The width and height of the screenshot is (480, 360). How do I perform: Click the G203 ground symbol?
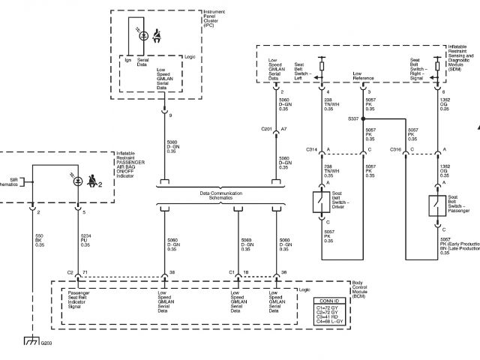point(31,342)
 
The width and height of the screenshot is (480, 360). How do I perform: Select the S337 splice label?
point(353,118)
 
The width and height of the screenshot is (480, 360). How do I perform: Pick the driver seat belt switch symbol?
point(322,202)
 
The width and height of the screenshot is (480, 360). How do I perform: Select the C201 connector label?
point(266,129)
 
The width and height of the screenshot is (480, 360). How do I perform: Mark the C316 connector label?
point(395,150)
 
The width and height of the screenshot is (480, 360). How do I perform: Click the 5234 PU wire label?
point(85,240)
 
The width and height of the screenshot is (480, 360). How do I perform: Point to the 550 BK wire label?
point(40,240)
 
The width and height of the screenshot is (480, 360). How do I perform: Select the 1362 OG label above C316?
point(445,104)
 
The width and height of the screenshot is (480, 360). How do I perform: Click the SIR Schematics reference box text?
point(12,181)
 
